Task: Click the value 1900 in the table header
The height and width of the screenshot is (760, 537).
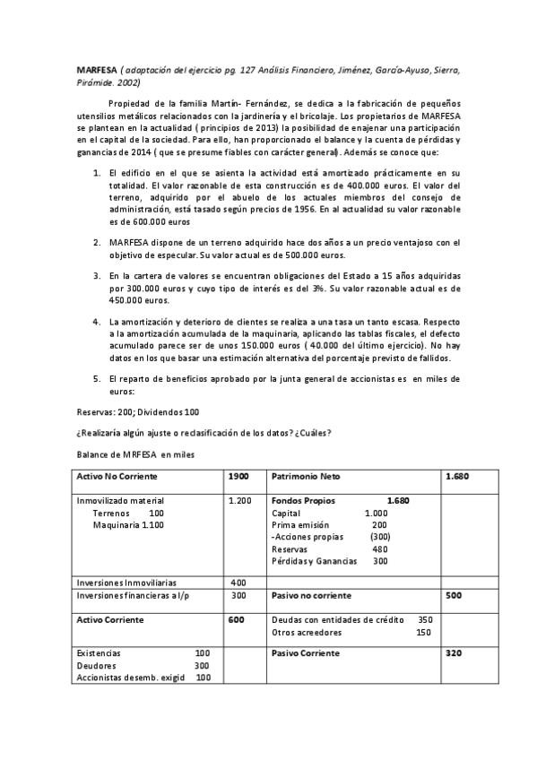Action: [x=238, y=476]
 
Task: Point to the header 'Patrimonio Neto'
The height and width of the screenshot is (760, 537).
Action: [x=305, y=476]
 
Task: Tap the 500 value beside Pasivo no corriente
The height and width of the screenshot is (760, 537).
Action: [x=454, y=594]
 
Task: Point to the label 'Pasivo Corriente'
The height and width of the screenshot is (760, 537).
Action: [x=305, y=653]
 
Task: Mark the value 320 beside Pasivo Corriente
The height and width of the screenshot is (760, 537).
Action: [x=454, y=653]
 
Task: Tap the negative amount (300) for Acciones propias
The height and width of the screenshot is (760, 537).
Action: [x=380, y=536]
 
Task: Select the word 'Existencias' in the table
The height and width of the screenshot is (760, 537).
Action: [x=99, y=653]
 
